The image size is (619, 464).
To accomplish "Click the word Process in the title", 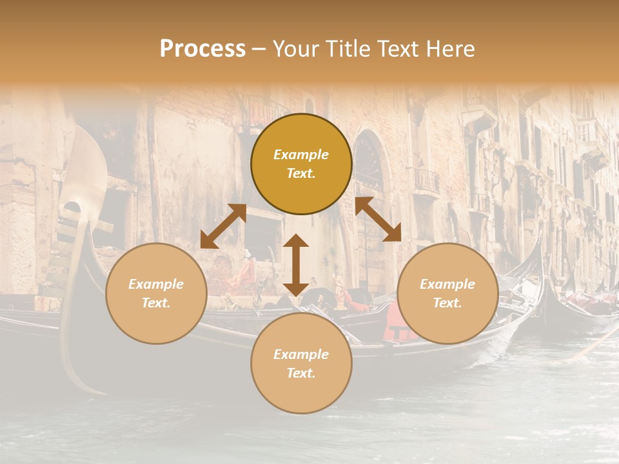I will point(202,49).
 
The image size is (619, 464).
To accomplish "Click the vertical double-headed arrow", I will point(296,265).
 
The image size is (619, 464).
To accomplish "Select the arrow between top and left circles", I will point(223,226).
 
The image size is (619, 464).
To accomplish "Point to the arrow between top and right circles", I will point(378,220).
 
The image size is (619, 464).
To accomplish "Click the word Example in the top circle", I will point(301,155).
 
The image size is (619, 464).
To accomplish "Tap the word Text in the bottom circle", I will point(301,373).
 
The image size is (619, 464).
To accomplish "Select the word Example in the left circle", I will point(156,284).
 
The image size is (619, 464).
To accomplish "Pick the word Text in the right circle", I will point(447,303).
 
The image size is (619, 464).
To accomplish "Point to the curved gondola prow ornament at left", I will point(84,168).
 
